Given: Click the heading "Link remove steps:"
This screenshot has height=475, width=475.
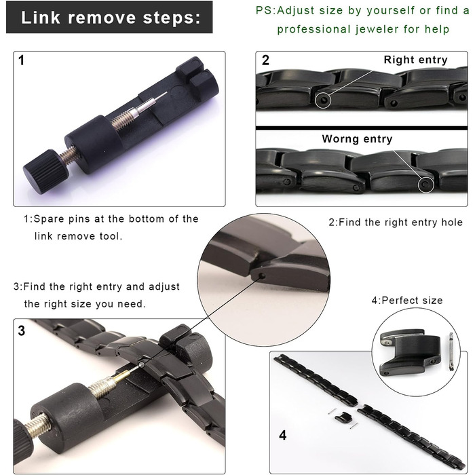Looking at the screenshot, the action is point(111,18).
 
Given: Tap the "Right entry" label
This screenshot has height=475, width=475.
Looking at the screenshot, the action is point(415,60).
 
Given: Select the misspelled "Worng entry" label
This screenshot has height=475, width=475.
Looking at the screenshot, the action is point(357,138).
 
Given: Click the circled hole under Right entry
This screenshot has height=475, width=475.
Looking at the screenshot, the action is point(323,100).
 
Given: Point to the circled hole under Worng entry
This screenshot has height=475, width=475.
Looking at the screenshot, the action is point(426,185).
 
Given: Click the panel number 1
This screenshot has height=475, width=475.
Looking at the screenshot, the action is point(21,60).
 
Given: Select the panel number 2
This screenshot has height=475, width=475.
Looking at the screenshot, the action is point(265,60).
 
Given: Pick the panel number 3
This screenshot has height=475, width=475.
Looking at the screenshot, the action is point(21,330).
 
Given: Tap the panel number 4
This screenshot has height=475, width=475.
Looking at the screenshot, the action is point(283,435).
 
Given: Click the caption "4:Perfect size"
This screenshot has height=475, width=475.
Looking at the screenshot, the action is point(407,300).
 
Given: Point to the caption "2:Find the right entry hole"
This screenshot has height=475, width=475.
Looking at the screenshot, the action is point(396,223).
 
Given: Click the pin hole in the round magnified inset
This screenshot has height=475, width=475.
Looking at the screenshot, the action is point(262,275).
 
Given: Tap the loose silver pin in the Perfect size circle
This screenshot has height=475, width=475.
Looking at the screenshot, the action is point(451,351).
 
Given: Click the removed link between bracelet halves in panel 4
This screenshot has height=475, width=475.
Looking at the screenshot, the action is point(343,417).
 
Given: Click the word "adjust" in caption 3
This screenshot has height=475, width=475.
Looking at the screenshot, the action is point(164,287).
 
